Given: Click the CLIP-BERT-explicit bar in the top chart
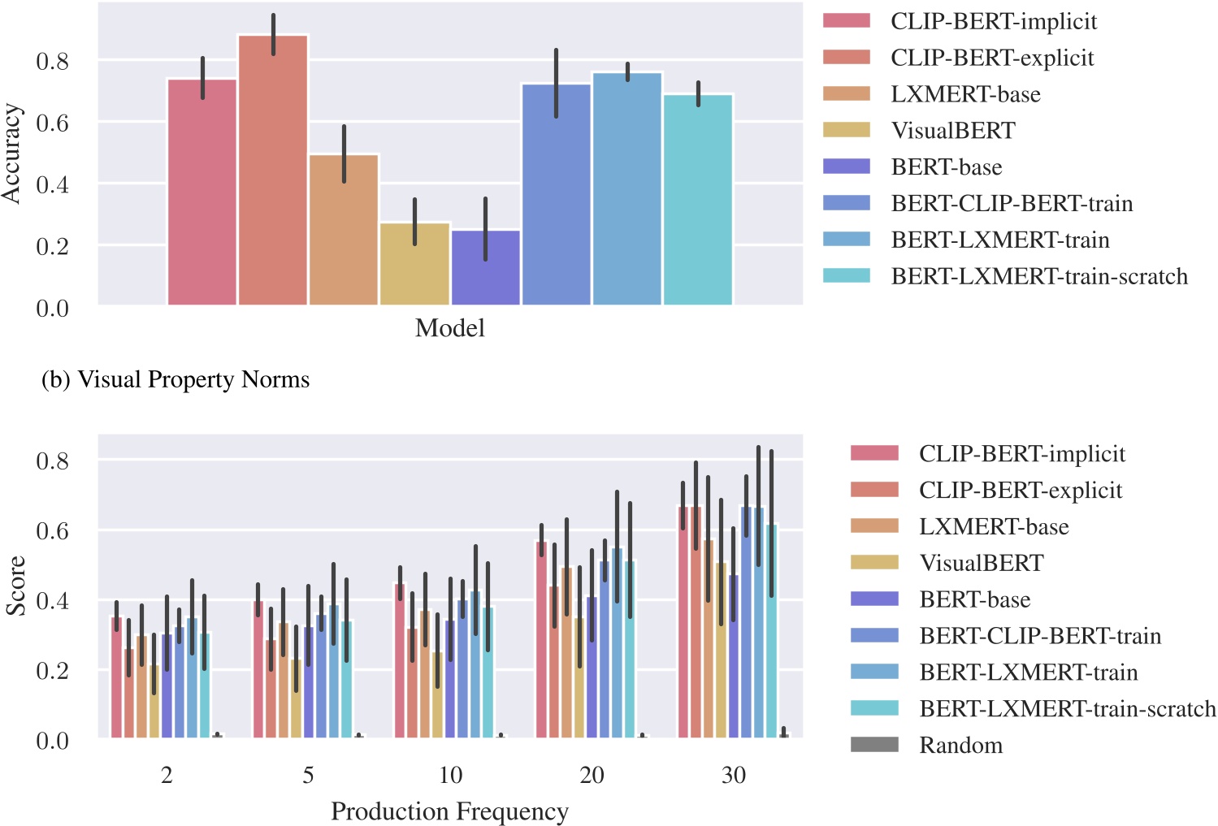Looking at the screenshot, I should point(273,171).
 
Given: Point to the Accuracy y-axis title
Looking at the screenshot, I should point(11,154).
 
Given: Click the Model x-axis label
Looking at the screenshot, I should point(449,328).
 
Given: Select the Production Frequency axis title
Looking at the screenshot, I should point(449,811).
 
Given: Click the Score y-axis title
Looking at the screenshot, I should point(15,586).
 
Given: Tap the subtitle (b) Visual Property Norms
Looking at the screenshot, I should point(176,379).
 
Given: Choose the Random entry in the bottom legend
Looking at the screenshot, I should point(960,745).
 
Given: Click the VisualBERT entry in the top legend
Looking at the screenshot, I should point(952,131).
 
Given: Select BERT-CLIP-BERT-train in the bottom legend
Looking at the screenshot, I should point(1039,636).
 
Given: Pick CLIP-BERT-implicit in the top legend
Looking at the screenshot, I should point(993,21).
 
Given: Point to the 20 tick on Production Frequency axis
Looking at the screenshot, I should point(592,776).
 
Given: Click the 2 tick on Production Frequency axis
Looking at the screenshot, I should point(167,776).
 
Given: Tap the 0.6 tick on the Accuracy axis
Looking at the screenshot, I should point(52,123).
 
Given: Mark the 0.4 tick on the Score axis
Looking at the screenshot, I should point(52,600).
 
